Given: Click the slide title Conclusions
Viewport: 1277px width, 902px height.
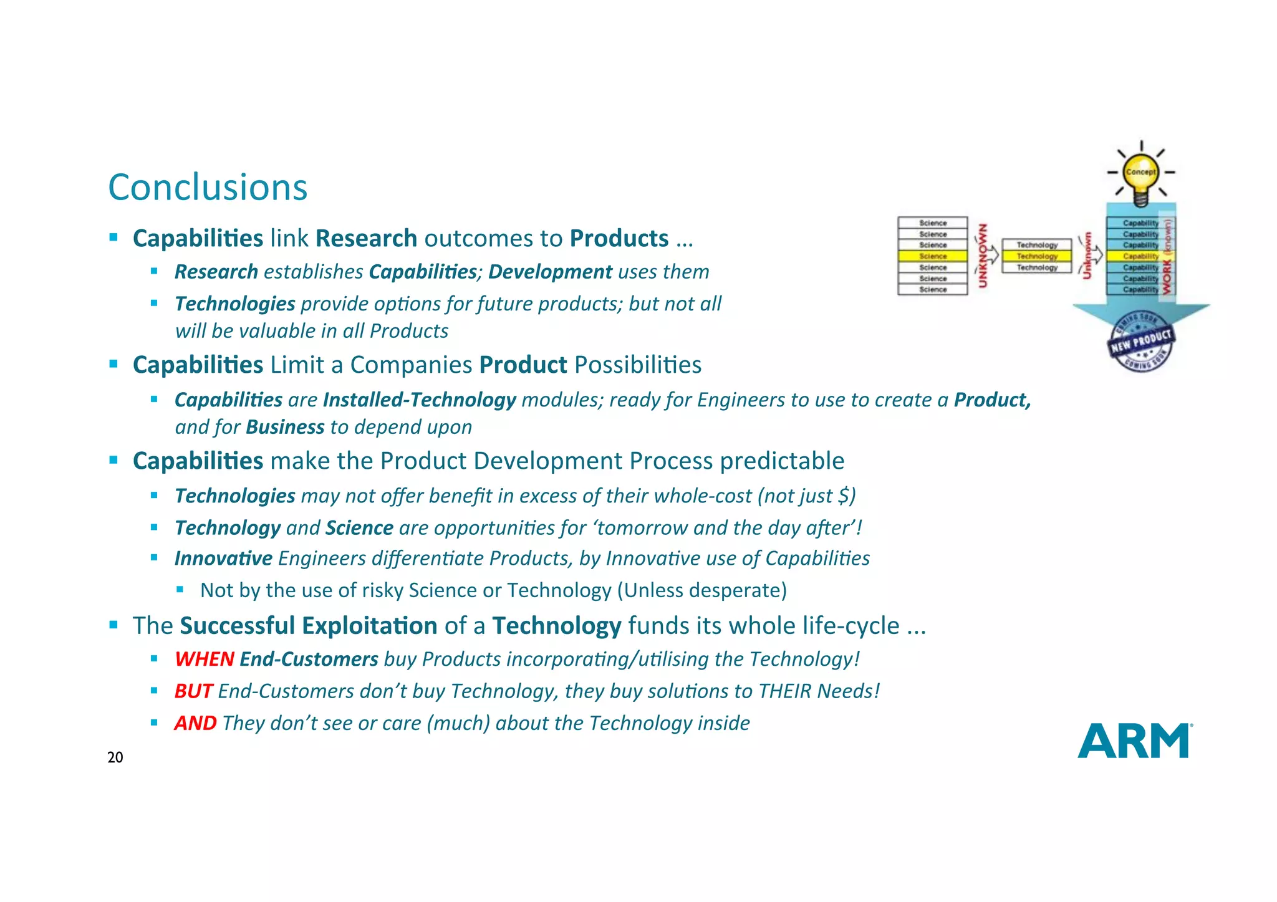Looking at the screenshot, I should click(208, 187).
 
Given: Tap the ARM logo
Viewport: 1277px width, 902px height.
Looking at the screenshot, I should click(1134, 741).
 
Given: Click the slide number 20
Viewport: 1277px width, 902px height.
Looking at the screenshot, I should click(115, 757).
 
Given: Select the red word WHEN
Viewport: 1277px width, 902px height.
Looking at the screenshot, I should click(204, 659).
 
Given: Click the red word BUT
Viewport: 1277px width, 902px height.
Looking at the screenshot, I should click(193, 691).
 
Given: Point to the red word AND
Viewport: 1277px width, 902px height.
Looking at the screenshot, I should click(195, 723).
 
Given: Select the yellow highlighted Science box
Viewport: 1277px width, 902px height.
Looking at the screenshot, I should click(933, 256).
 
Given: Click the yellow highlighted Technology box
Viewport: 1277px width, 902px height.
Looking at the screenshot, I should click(1037, 256).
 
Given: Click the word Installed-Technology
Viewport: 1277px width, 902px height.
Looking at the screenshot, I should click(419, 400).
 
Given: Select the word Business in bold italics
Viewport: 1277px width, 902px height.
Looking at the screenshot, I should click(285, 427).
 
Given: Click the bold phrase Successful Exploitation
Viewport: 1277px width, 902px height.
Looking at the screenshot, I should click(309, 626).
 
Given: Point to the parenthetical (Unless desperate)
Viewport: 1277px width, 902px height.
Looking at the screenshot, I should click(702, 590).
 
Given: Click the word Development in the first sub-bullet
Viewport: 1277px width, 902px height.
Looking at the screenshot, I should click(550, 272).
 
